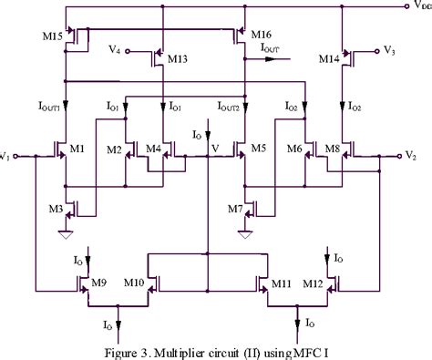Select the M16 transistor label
(261, 34)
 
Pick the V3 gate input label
(390, 48)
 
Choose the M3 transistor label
(54, 209)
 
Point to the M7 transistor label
(233, 209)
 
